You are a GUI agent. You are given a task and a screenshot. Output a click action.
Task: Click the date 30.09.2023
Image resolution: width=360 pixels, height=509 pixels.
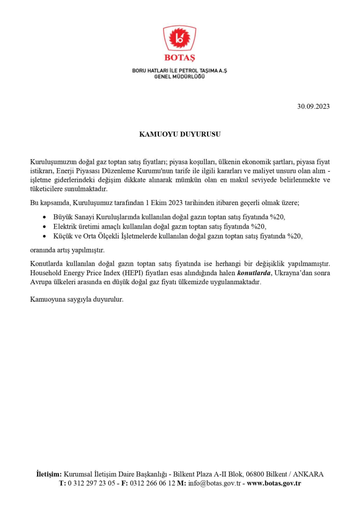313,106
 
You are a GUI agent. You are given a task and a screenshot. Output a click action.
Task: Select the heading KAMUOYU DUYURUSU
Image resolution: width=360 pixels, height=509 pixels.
180,134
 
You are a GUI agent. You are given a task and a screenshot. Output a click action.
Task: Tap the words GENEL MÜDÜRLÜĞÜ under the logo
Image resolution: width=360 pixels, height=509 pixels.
180,77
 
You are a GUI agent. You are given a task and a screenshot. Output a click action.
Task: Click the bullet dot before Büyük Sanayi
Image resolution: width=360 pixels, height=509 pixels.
44,217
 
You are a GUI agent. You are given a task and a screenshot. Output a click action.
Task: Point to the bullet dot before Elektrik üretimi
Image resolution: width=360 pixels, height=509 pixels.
44,227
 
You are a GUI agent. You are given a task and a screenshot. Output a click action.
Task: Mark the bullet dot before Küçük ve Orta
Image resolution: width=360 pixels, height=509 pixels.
44,237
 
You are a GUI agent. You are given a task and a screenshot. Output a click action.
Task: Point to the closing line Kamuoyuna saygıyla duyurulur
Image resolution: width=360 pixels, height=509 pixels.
76,299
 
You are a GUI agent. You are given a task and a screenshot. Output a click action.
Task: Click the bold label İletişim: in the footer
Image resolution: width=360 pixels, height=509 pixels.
49,474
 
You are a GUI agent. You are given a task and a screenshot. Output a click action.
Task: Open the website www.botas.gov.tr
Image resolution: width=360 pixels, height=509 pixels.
274,483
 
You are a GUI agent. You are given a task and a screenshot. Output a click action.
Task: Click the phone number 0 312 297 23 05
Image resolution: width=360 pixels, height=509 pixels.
92,483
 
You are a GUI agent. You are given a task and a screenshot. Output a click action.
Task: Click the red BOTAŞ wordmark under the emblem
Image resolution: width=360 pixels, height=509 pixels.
180,58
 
